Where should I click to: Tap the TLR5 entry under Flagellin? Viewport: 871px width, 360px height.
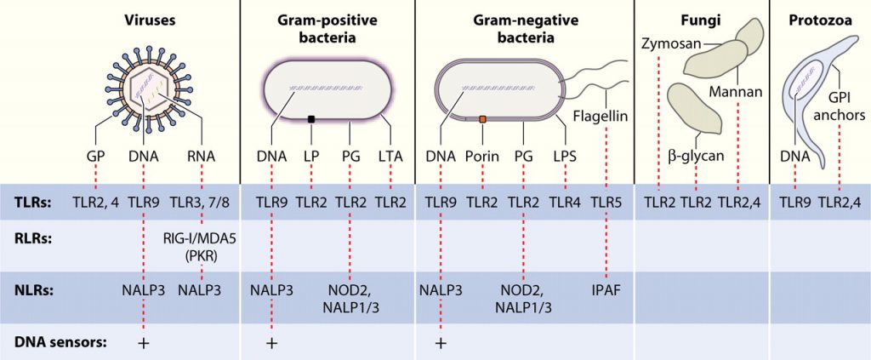pos(606,203)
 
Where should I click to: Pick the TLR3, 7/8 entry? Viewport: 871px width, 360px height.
pos(202,203)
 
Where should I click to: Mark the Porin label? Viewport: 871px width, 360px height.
pos(482,157)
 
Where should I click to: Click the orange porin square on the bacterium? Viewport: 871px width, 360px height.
pos(482,119)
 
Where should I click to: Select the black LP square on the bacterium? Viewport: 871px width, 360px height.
pos(312,119)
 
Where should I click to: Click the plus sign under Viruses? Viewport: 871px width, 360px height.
pos(145,343)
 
